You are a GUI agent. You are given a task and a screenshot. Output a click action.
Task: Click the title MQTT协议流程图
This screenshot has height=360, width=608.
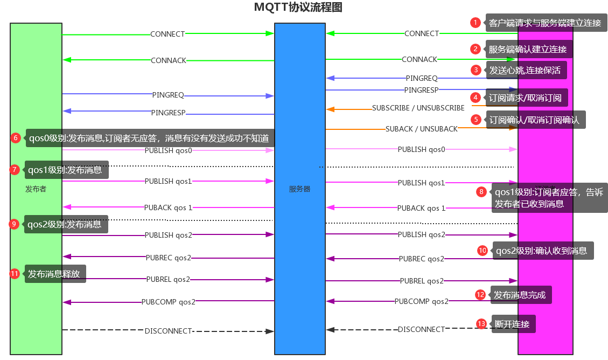(298, 8)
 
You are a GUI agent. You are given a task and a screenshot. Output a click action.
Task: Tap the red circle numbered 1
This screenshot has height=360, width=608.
(475, 23)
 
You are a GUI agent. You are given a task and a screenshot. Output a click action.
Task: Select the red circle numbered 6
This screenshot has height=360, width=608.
(16, 138)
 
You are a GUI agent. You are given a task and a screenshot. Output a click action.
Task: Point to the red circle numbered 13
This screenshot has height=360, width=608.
(481, 323)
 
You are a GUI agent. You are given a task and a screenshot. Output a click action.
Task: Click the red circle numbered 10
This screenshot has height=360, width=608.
(483, 250)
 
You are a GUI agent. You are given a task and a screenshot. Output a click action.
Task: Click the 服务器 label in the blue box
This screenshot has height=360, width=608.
(299, 189)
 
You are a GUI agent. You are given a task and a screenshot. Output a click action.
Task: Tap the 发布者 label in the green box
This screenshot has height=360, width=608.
(36, 189)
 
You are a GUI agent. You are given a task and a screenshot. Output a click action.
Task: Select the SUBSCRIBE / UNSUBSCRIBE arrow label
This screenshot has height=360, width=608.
(418, 108)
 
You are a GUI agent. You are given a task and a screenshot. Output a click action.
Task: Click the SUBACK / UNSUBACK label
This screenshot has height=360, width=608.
(421, 129)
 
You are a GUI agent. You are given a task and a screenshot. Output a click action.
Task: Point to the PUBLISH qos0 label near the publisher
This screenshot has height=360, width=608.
(168, 151)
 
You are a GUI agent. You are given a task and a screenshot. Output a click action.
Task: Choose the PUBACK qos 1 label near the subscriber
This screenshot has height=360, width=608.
(421, 208)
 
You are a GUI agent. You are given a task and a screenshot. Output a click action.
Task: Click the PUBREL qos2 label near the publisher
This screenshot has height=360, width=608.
(168, 279)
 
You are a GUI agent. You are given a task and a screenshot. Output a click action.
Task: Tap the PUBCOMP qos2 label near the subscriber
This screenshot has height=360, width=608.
(421, 301)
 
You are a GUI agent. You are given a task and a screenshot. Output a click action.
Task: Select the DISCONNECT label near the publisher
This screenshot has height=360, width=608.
(168, 331)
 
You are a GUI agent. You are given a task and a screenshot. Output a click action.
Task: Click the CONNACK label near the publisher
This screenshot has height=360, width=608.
(169, 60)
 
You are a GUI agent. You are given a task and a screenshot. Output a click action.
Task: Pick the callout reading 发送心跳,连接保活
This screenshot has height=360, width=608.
(525, 70)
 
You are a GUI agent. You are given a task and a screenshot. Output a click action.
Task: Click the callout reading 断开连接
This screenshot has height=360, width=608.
(512, 324)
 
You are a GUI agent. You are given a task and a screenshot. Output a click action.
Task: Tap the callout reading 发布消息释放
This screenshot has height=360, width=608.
(54, 274)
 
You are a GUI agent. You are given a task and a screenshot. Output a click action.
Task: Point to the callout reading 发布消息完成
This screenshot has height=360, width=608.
(520, 295)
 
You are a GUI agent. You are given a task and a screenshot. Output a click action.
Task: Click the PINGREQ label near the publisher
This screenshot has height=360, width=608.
(168, 95)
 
